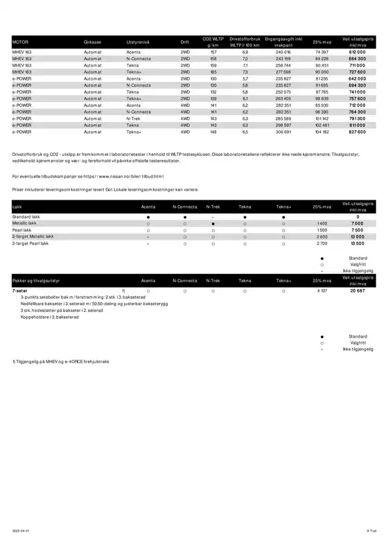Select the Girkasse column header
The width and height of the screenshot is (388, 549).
click(92, 42)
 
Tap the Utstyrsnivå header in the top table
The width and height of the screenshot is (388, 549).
click(137, 42)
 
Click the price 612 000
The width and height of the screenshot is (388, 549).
click(357, 52)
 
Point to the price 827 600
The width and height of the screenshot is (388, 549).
click(357, 131)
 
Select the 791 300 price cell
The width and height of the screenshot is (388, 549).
click(357, 118)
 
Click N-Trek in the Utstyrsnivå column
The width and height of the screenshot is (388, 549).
click(134, 118)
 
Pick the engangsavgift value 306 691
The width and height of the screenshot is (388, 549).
click(283, 131)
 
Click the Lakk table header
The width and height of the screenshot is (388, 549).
click(17, 207)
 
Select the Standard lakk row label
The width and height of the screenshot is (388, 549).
click(26, 217)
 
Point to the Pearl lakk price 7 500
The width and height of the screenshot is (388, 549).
click(358, 230)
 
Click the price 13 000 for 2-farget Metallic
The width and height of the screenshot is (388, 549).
click(358, 237)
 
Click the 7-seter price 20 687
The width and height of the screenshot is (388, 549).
click(357, 290)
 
